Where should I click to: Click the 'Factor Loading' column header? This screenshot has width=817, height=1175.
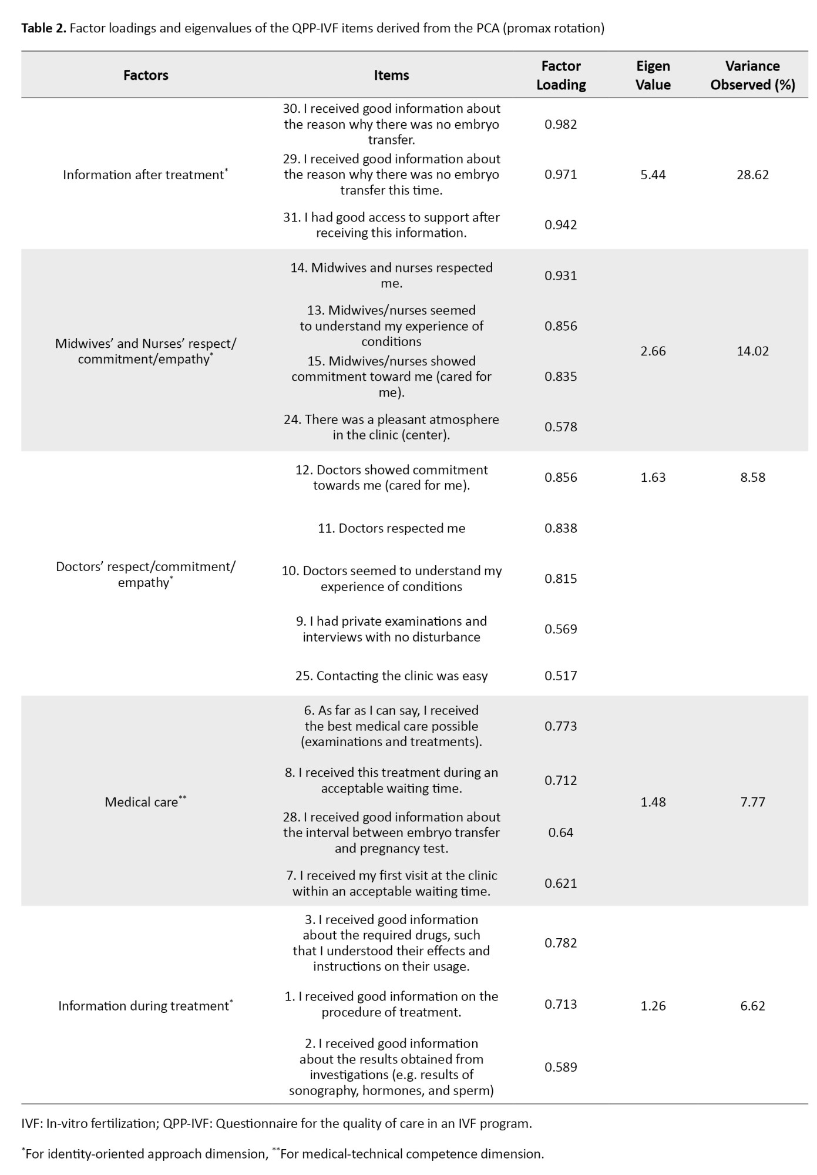click(561, 75)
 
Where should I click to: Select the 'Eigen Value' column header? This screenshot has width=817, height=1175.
click(653, 75)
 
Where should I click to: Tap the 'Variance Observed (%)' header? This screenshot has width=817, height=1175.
click(752, 75)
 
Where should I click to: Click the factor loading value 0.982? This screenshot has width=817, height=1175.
click(561, 124)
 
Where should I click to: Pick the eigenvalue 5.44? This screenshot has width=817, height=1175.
click(653, 174)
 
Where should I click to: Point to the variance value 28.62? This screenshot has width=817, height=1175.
click(752, 174)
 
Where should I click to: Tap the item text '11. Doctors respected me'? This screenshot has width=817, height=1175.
click(391, 528)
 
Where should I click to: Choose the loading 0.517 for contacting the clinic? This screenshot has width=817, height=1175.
click(561, 676)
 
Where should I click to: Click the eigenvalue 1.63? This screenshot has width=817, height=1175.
click(653, 477)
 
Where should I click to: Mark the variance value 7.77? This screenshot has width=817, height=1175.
click(752, 802)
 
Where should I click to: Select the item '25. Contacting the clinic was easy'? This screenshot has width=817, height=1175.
click(391, 676)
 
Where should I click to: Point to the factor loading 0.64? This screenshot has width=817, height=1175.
click(561, 832)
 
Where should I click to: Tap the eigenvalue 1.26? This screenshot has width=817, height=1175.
click(653, 1006)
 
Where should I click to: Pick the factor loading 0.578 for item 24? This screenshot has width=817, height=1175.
click(561, 427)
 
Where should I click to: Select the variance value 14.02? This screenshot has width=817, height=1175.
click(752, 351)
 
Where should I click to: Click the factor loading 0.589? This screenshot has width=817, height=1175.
click(561, 1067)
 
